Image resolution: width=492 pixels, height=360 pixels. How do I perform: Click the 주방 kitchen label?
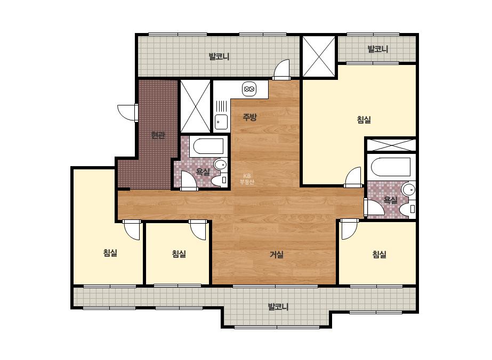click(x=250, y=117)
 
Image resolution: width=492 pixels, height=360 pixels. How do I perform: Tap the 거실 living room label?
click(x=277, y=255)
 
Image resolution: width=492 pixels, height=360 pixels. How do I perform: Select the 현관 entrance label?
click(x=158, y=135)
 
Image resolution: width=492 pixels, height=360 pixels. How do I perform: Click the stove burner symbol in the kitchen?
click(x=249, y=89)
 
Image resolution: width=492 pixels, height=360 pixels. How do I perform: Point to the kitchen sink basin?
click(x=221, y=122)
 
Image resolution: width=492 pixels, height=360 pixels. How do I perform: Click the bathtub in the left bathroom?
click(x=208, y=146)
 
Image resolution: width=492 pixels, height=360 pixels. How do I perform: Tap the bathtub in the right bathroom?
click(x=390, y=167)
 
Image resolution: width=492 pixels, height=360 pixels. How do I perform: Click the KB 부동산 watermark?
click(x=247, y=179)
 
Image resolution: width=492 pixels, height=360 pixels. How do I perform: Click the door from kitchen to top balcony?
click(x=281, y=70)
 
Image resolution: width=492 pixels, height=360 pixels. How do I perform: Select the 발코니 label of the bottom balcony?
click(x=278, y=306)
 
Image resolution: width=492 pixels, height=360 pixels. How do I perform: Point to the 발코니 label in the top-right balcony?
click(x=378, y=49)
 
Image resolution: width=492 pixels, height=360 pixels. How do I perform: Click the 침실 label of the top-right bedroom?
click(x=364, y=119)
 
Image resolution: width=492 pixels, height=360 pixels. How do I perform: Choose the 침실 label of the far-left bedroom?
click(x=110, y=253)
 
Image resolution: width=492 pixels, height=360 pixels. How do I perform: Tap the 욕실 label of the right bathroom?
click(x=391, y=200)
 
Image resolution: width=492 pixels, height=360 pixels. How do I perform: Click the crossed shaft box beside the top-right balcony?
click(x=319, y=56)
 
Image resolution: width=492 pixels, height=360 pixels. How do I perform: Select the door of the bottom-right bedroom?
click(x=350, y=229)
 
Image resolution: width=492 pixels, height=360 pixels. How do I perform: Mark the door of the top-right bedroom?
click(x=353, y=177)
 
